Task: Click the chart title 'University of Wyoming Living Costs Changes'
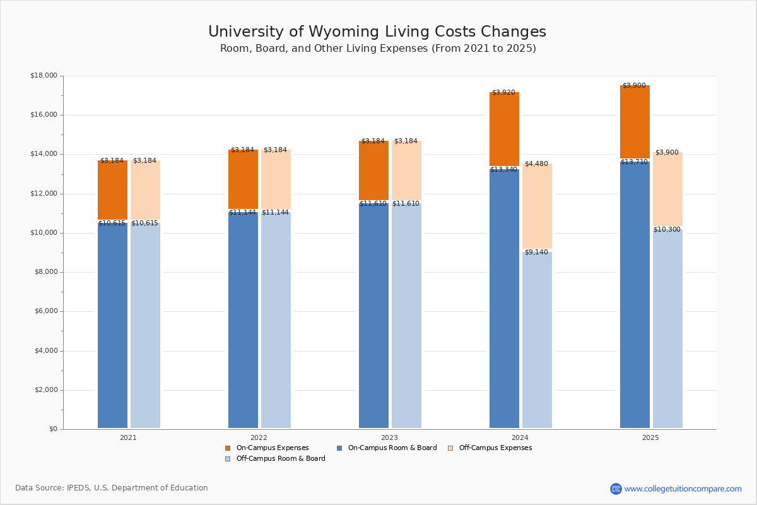tap(377, 32)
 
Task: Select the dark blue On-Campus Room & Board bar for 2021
tap(112, 325)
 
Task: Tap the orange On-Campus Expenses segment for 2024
tap(504, 129)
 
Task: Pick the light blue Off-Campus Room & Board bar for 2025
tap(667, 328)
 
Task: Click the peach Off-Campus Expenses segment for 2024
tap(537, 206)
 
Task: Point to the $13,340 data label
tap(503, 170)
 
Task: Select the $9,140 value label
tap(536, 252)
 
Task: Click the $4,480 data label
tap(536, 164)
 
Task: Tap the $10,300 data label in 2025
tap(667, 230)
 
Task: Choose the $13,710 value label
tap(634, 162)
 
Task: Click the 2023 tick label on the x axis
tap(389, 437)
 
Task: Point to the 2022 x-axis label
tap(259, 437)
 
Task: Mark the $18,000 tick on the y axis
tap(44, 76)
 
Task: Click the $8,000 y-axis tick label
tap(45, 272)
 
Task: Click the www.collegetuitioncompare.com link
tap(683, 489)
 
